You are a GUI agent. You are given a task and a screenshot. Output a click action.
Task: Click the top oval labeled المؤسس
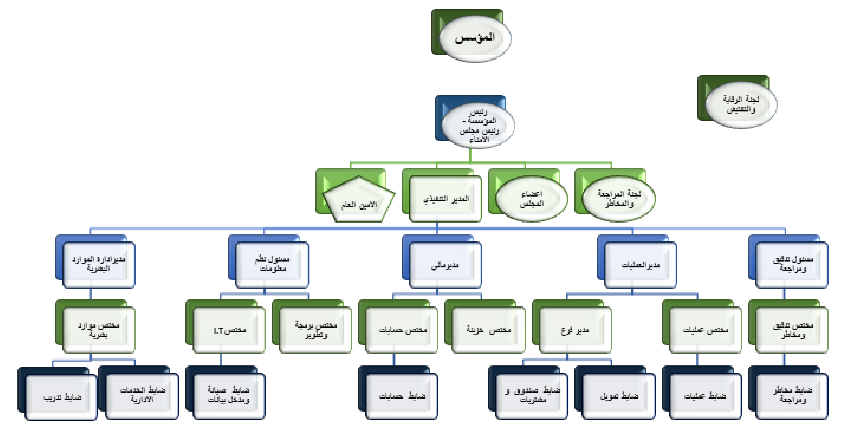pyautogui.click(x=475, y=38)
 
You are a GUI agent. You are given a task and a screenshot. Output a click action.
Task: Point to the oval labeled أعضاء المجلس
pyautogui.click(x=532, y=199)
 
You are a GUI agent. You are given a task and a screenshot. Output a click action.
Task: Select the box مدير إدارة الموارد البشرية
pyautogui.click(x=99, y=264)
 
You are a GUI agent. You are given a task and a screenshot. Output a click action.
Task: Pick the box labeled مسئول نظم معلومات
pyautogui.click(x=272, y=264)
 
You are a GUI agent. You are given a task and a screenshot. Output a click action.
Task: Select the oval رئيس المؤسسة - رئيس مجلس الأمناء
pyautogui.click(x=478, y=126)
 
